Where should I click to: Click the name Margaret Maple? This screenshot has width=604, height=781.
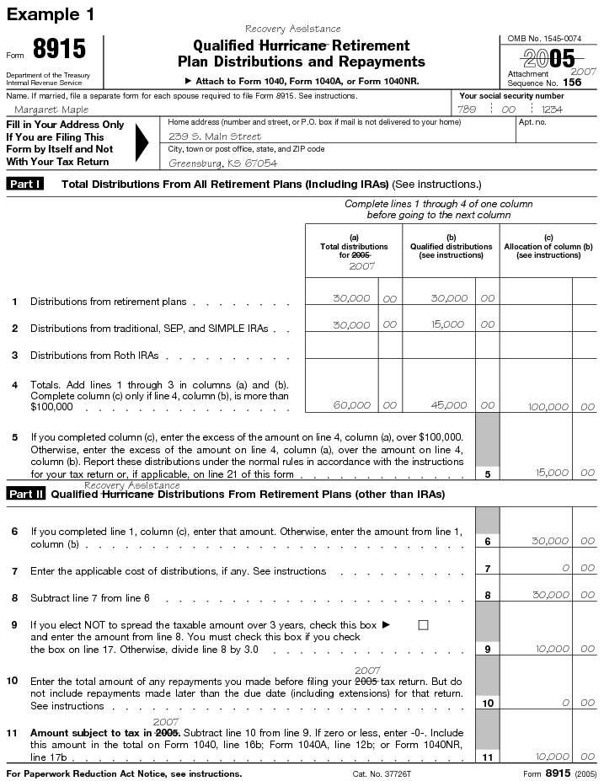pos(52,110)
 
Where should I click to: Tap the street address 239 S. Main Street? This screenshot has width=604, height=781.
pos(215,136)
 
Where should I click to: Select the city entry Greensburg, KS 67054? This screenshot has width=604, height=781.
pos(223,163)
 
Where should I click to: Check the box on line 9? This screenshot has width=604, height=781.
pos(423,625)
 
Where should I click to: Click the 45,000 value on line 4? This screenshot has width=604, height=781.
pos(449,405)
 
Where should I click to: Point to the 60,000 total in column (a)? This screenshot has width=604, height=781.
pos(351,405)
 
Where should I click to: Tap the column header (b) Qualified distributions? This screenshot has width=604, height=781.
pos(451,246)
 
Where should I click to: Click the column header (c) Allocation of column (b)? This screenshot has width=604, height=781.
pos(548,246)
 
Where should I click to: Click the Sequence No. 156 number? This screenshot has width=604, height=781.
pos(572,83)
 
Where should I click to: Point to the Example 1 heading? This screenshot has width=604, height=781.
pos(51,14)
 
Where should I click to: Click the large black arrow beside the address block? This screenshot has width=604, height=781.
pos(142,143)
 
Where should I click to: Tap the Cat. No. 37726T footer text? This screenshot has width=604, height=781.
pos(381,773)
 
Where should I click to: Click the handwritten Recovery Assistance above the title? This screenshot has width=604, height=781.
pos(292,29)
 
